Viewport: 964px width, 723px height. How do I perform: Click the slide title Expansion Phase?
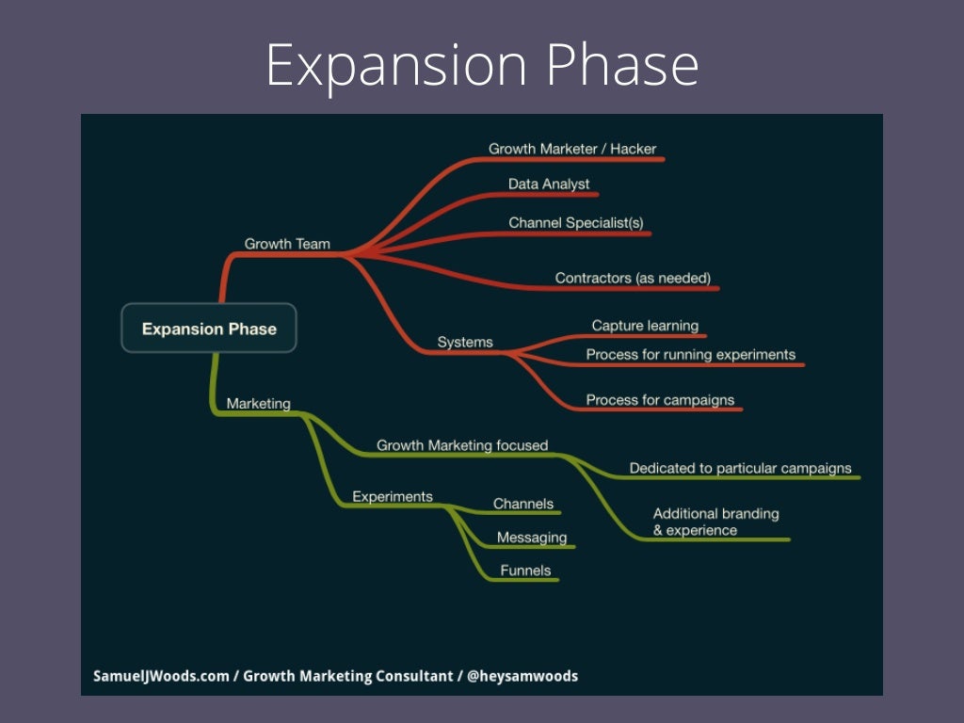coord(482,66)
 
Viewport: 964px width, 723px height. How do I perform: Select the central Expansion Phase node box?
coord(209,329)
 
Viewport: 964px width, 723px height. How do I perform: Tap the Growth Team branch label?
coord(287,244)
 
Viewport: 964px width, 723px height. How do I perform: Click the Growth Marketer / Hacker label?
coord(572,149)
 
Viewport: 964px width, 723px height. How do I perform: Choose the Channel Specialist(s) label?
coord(576,223)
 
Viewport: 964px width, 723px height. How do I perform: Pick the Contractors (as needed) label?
coord(633,278)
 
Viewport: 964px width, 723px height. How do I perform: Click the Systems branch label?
coord(465,342)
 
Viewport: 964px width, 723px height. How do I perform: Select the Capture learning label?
coord(645,326)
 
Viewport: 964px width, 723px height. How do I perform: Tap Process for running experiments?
coord(690,355)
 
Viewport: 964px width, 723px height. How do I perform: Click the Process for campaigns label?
coord(660,400)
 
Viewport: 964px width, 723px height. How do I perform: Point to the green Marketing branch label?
coord(258,403)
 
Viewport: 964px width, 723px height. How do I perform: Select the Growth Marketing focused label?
coord(462,445)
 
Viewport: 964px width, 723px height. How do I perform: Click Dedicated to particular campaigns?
coord(740,468)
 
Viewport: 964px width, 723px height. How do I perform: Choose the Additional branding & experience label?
coord(715,522)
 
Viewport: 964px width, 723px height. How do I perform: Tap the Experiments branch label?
coord(393,496)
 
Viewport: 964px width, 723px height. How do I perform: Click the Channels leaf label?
coord(523,504)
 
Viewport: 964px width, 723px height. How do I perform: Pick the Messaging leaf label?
coord(532,538)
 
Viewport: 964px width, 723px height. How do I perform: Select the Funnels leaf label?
coord(525,570)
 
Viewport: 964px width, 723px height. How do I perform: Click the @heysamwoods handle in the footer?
coord(522,676)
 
